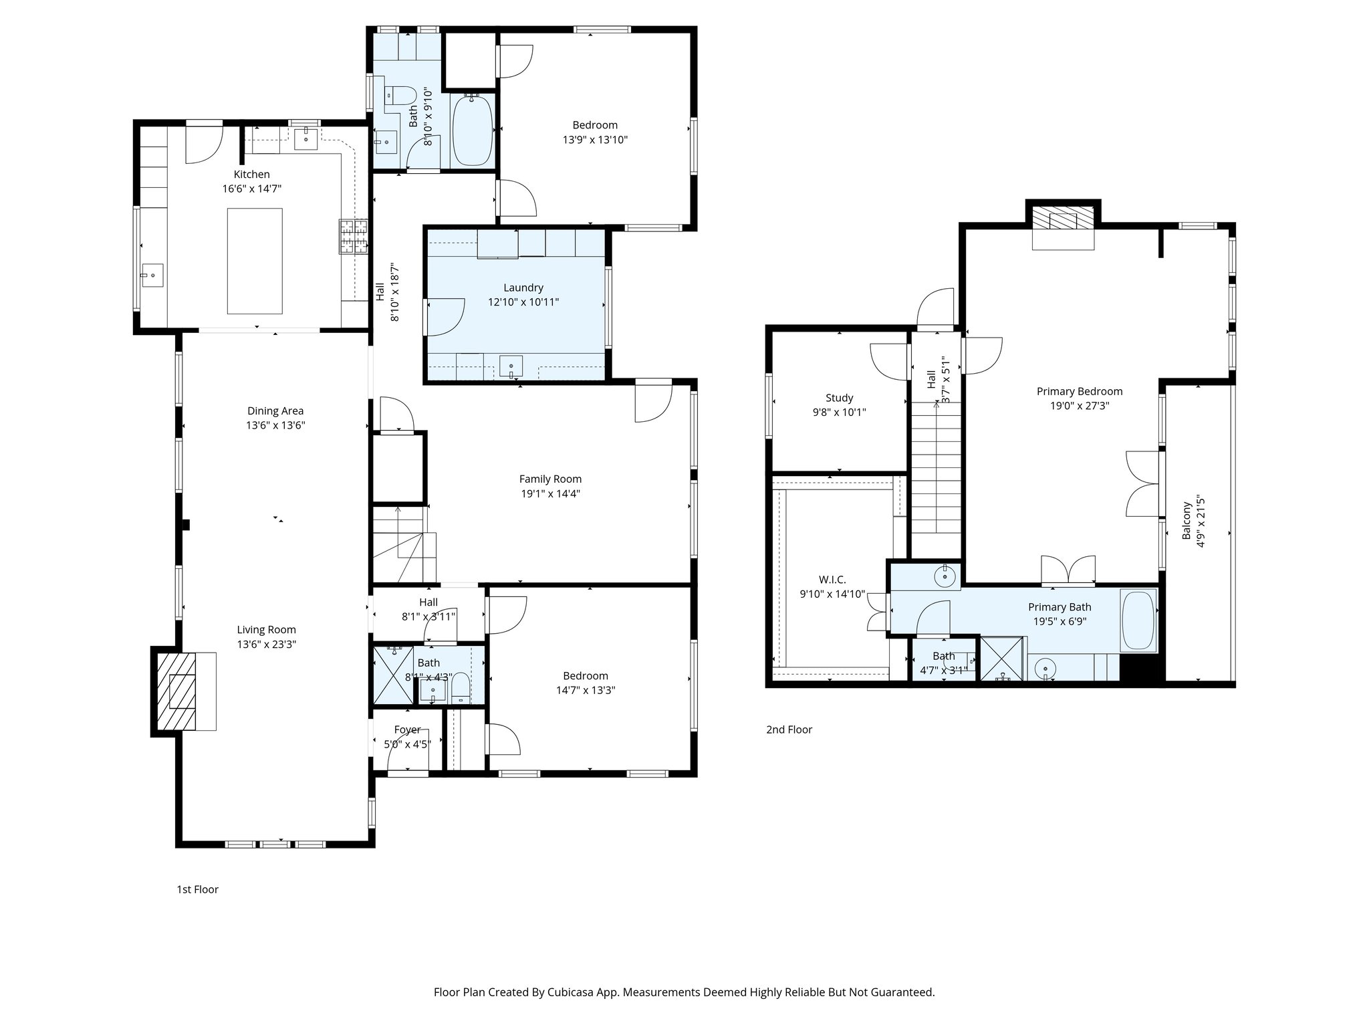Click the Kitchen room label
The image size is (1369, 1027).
coord(251,175)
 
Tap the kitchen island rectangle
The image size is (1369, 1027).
coord(254,261)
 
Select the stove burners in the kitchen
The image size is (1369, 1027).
coord(354,237)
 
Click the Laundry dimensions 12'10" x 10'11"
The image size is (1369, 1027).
coord(523,302)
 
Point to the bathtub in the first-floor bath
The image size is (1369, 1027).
coord(473,130)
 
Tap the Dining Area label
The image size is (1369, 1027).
coord(275,411)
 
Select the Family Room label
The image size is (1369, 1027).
coord(550,479)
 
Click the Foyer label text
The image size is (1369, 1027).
coord(407,730)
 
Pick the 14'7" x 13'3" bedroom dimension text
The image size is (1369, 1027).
coord(585,691)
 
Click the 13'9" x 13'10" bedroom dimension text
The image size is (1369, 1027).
coord(595,140)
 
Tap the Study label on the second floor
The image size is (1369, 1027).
coord(839,398)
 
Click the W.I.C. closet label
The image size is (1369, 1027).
coord(832,580)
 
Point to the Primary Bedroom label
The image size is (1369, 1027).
coord(1079,392)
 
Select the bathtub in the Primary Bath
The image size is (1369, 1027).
coord(1139,620)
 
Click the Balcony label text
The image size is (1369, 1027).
coord(1187,521)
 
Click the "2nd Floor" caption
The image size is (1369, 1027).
coord(789,729)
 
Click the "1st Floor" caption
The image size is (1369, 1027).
coord(197,889)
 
